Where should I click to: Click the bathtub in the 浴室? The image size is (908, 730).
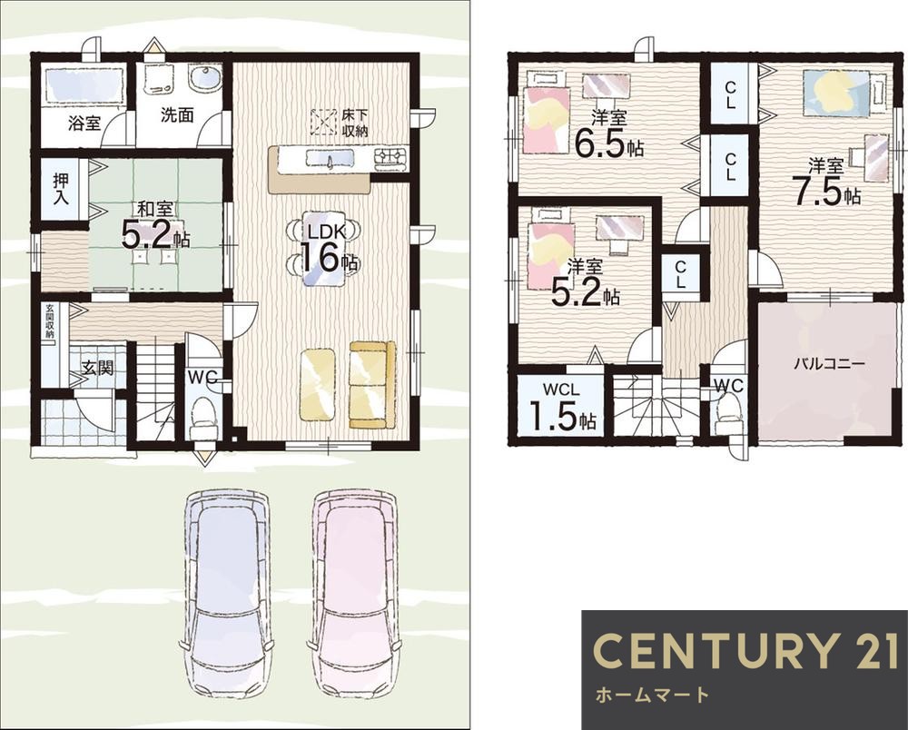(x=84, y=87)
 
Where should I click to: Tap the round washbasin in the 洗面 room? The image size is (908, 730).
(x=205, y=80)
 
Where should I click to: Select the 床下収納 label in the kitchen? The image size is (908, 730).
(x=354, y=123)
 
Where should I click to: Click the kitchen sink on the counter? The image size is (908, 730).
(x=330, y=158)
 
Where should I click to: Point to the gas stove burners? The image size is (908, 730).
(x=390, y=156)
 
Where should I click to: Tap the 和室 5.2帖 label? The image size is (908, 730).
(x=154, y=226)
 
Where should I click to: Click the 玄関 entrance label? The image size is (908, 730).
(x=97, y=368)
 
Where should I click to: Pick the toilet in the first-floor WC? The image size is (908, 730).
(x=203, y=415)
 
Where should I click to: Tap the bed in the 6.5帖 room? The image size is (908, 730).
(x=548, y=119)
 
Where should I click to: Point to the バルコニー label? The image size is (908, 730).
(x=829, y=364)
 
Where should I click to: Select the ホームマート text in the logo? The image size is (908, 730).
(x=651, y=695)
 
